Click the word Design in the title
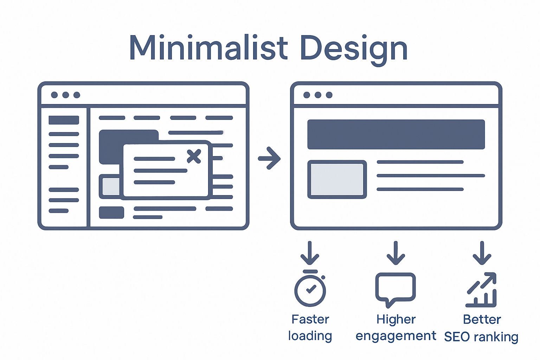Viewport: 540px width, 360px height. coord(354,49)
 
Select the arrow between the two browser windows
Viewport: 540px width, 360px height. coord(269,158)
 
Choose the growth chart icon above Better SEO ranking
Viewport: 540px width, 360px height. coord(482,290)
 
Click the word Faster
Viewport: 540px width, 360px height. coord(310,319)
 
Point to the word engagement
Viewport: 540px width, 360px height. coord(396,336)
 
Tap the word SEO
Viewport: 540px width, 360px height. coord(457,337)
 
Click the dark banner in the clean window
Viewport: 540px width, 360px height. coord(396,134)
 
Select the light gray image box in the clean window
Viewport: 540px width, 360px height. coord(337,179)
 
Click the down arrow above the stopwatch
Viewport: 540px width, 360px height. coord(310,253)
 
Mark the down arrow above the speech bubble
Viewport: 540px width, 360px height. coord(396,253)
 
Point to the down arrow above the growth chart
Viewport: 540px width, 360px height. coord(482,253)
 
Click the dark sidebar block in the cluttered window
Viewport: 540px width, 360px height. coord(64,120)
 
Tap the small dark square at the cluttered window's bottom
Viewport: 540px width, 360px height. coord(111,213)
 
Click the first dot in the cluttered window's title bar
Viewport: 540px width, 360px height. coord(54,95)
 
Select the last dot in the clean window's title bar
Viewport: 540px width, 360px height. coord(329,95)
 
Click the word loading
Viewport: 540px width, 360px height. coord(310,336)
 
